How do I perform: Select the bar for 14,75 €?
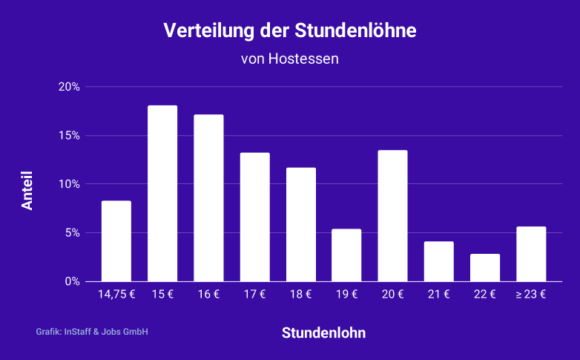[x=116, y=240]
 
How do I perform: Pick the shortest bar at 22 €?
[x=484, y=267]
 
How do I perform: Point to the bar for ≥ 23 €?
[x=531, y=254]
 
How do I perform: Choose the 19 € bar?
[x=346, y=255]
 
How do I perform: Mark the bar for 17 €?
[x=254, y=217]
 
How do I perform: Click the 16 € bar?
[x=208, y=197]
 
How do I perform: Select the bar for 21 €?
[x=438, y=261]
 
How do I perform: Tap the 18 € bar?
[x=300, y=224]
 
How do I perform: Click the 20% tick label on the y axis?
[x=69, y=87]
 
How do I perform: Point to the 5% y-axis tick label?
[x=72, y=233]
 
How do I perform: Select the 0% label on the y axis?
[x=72, y=281]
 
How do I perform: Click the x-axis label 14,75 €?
[x=116, y=295]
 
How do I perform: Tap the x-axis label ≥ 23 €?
[x=531, y=295]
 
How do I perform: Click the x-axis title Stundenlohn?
[x=323, y=333]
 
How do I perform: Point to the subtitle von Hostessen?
[x=290, y=58]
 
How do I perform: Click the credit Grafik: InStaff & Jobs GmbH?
[x=92, y=332]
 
